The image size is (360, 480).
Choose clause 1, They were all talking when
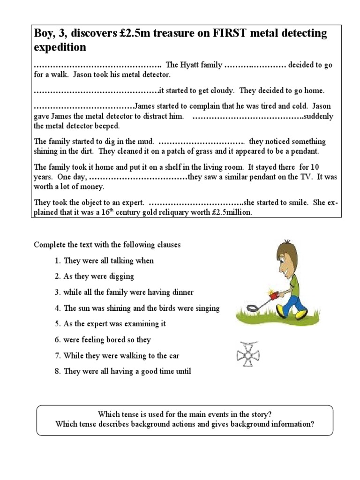pyautogui.click(x=108, y=261)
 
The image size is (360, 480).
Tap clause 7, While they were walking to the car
pyautogui.click(x=121, y=356)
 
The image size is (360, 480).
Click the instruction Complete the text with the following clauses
pyautogui.click(x=107, y=245)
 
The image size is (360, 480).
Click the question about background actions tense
pyautogui.click(x=185, y=424)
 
